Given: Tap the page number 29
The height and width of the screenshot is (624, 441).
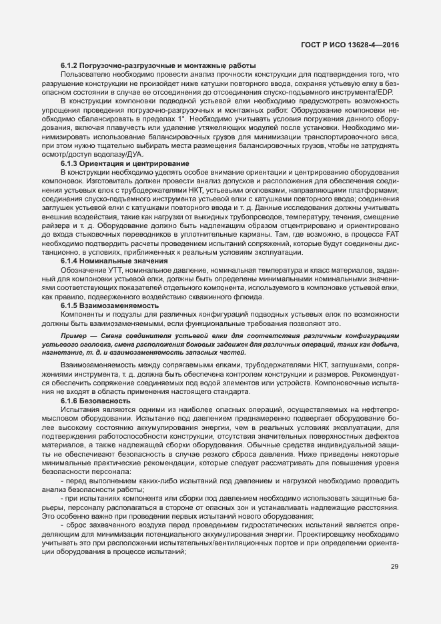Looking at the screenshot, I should coord(394,567).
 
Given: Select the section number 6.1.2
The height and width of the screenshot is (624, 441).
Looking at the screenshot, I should coord(71,65).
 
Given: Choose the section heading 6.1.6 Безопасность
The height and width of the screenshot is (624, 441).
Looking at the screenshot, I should coord(93,401).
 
